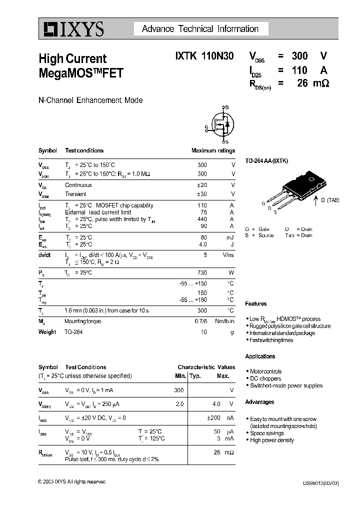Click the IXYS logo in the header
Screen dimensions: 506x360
click(x=72, y=29)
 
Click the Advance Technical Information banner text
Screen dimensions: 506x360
click(x=200, y=29)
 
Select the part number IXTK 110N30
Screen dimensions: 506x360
click(x=204, y=57)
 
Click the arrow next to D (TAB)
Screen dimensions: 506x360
click(x=315, y=201)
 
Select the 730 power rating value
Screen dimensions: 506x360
click(x=202, y=272)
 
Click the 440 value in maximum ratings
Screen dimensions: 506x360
click(x=202, y=219)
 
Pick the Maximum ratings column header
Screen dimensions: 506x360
click(x=213, y=150)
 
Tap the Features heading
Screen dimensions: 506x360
click(x=256, y=303)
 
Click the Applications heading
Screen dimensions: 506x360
click(x=260, y=356)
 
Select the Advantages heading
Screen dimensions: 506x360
click(x=259, y=402)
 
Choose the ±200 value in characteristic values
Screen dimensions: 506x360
click(x=213, y=417)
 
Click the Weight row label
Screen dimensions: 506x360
click(x=47, y=332)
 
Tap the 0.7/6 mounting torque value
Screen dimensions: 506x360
click(x=200, y=321)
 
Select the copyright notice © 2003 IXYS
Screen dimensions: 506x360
click(x=71, y=481)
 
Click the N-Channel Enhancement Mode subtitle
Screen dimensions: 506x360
click(x=90, y=100)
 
